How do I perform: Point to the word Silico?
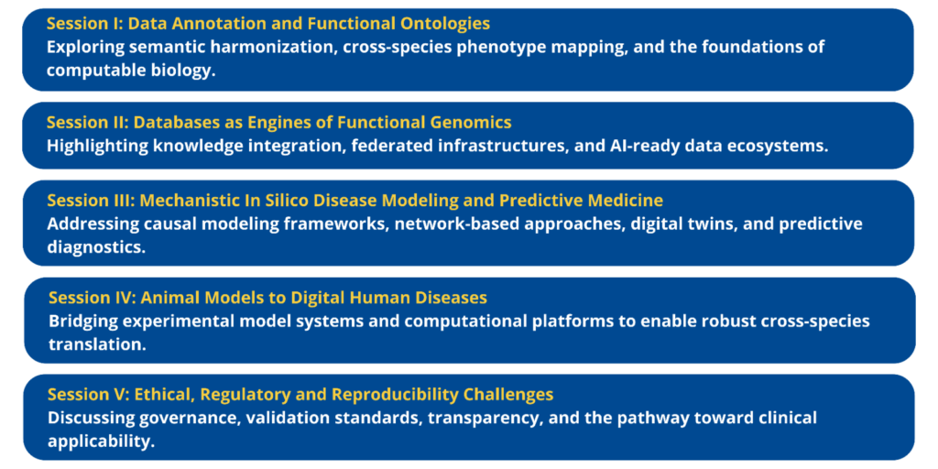point(281,200)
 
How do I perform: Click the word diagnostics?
point(94,246)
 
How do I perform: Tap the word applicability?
point(97,442)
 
